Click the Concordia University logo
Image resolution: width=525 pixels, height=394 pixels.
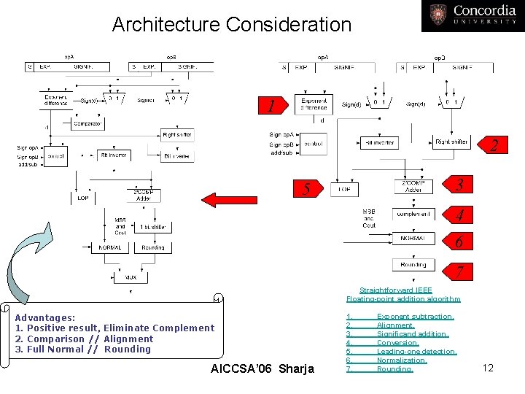[472, 15]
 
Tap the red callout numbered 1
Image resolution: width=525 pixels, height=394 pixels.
[271, 107]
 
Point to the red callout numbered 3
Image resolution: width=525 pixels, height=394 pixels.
[459, 185]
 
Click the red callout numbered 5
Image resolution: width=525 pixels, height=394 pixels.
[307, 188]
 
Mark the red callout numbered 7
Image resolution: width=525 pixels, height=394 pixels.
[459, 271]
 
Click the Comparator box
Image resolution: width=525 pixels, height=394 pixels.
[87, 123]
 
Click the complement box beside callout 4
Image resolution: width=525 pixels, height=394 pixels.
[413, 214]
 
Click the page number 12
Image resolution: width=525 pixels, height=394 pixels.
[488, 368]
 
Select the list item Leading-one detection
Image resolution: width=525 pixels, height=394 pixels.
[416, 352]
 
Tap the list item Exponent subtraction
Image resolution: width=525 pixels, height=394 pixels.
[414, 317]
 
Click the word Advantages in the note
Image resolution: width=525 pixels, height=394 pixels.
[44, 318]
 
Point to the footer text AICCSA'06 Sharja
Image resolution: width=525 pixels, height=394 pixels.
[261, 368]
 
